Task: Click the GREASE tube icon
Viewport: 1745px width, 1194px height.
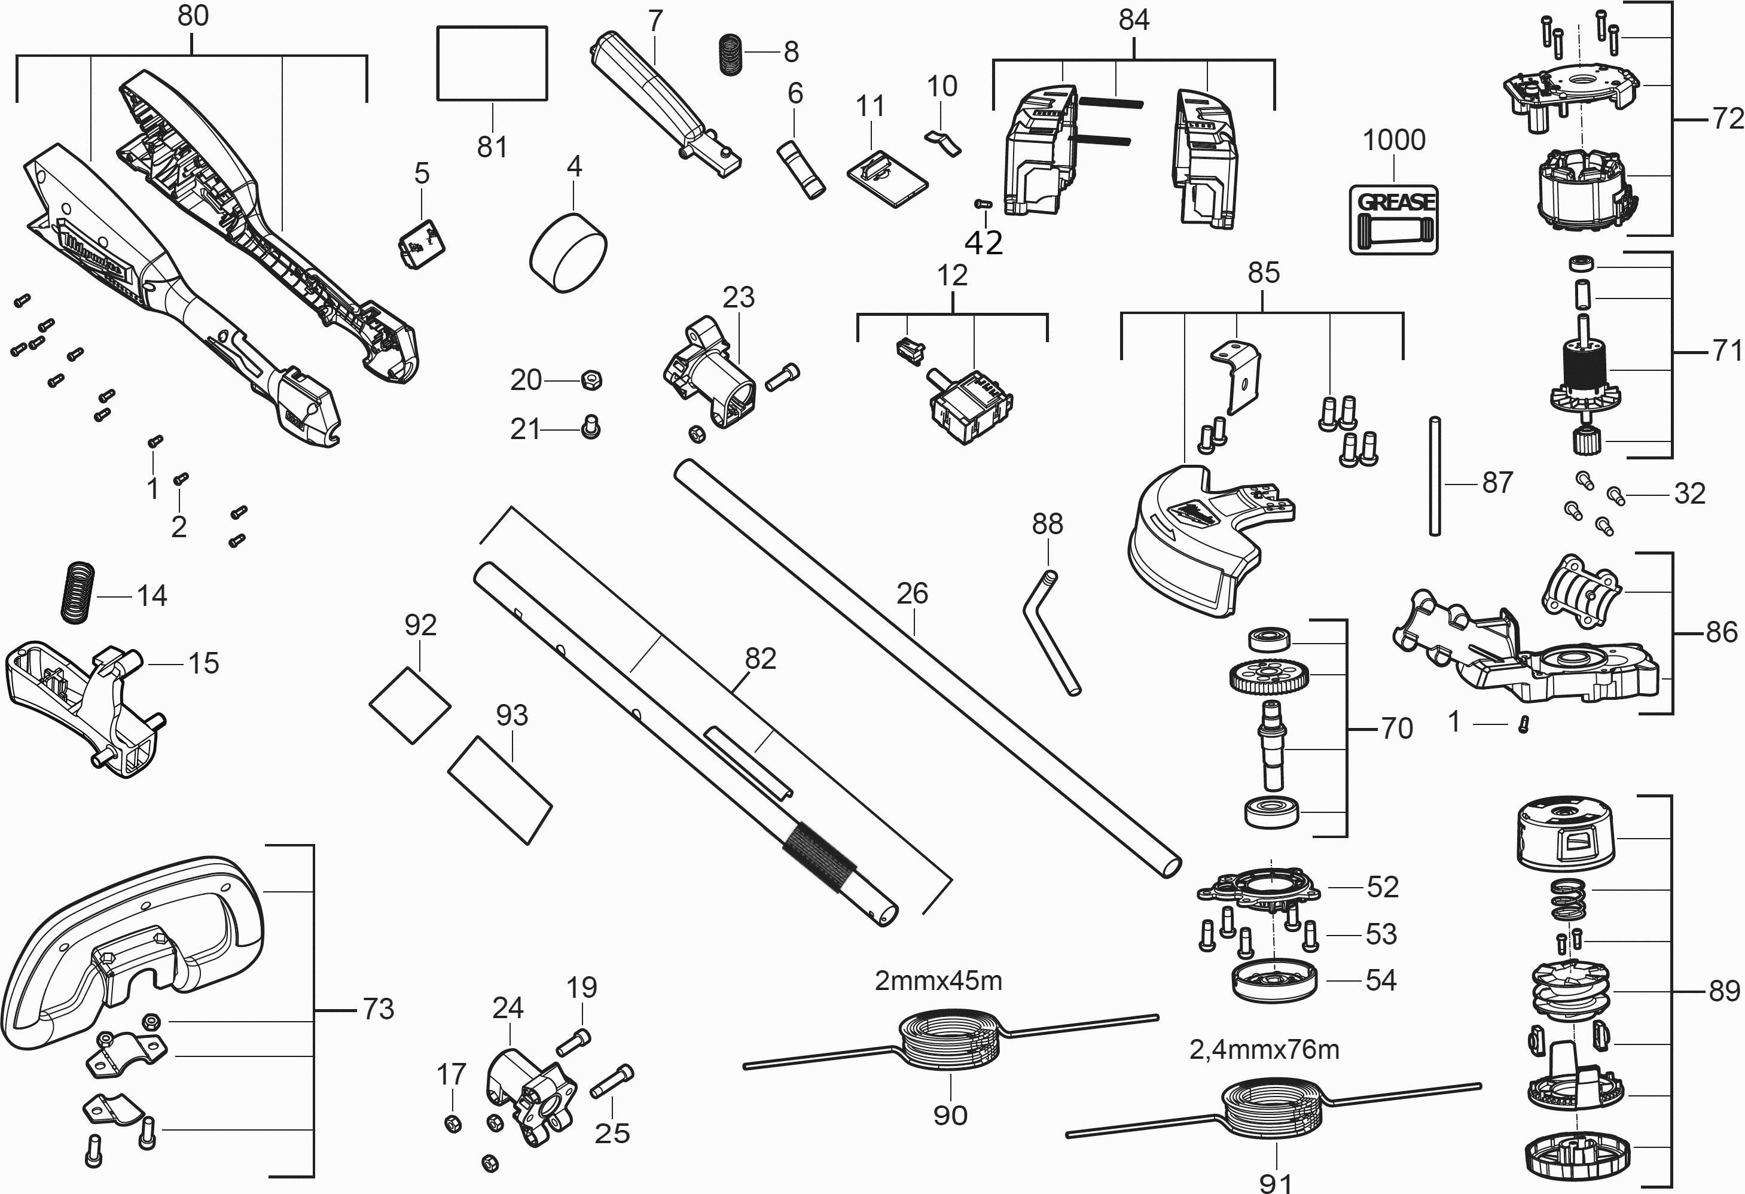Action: [1393, 220]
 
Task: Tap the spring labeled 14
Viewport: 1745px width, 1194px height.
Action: [78, 592]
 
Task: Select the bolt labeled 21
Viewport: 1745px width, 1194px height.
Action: [591, 428]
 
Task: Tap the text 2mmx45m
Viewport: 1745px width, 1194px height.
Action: [938, 980]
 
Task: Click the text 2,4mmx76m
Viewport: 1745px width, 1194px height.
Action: [1264, 1049]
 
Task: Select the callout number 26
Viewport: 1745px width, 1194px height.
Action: [913, 594]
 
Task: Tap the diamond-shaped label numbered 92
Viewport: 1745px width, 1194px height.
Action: [410, 705]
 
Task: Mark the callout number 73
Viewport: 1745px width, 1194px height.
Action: [378, 1009]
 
